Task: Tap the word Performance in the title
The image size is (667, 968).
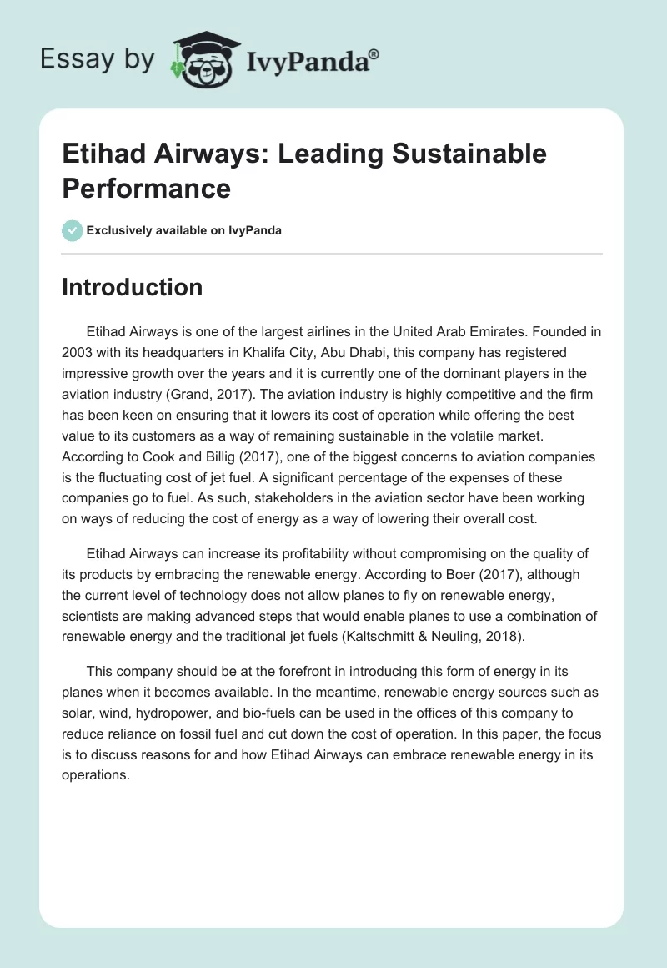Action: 146,188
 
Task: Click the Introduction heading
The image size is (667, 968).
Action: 133,287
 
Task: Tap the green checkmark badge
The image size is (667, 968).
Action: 73,230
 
